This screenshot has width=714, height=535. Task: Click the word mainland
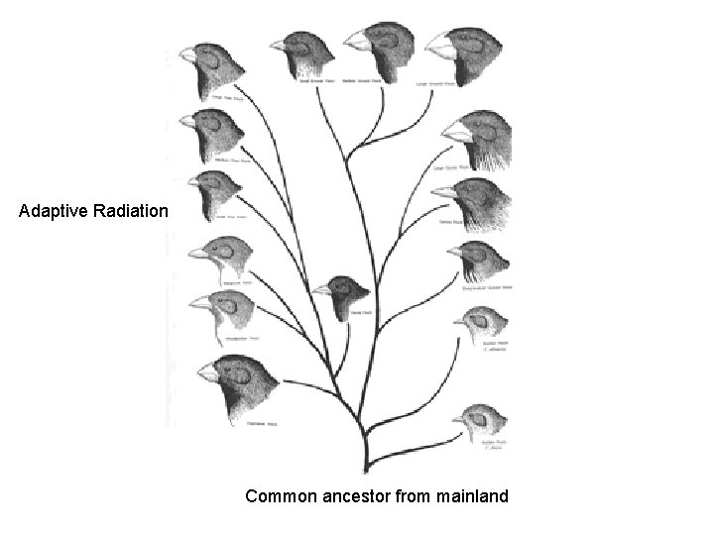coord(471,494)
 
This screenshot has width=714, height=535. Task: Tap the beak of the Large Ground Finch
coord(439,43)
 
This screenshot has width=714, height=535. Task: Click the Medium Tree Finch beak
coord(185,121)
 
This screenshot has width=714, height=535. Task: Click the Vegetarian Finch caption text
coord(261,423)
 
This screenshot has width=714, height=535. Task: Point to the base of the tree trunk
coord(368,466)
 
